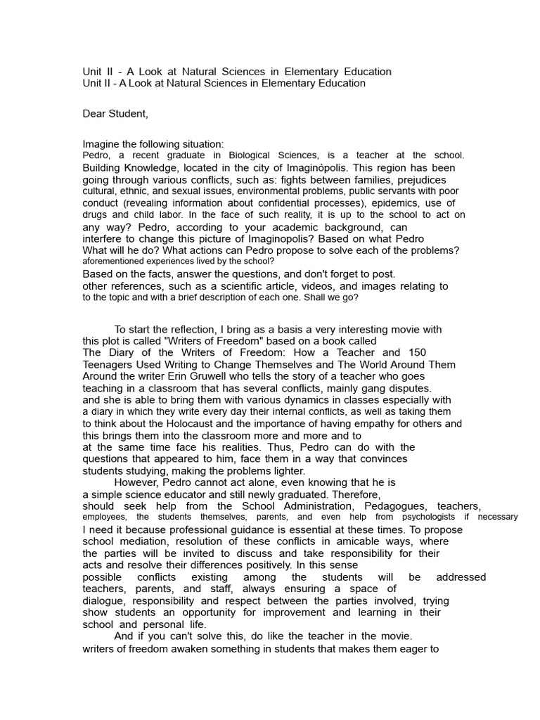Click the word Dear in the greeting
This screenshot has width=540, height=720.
click(95, 113)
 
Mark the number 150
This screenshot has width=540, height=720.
click(416, 352)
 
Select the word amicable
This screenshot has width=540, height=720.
click(341, 541)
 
